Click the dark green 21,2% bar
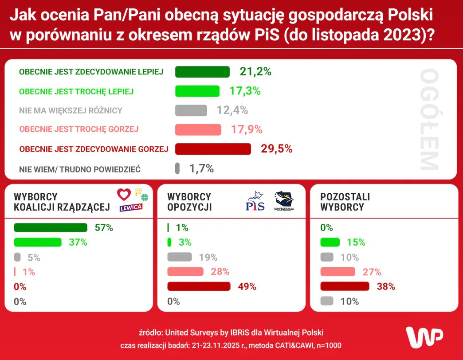click(x=202, y=72)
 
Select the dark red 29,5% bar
click(x=213, y=149)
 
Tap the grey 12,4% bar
click(x=191, y=110)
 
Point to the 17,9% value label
click(x=247, y=129)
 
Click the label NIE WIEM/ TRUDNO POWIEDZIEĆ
click(x=80, y=169)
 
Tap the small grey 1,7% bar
click(x=177, y=168)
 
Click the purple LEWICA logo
click(x=131, y=207)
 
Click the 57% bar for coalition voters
click(x=51, y=228)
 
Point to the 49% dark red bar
click(x=199, y=286)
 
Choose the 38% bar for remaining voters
click(x=345, y=286)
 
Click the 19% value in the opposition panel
click(x=208, y=257)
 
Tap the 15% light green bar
click(x=330, y=243)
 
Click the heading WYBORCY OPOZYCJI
click(x=189, y=202)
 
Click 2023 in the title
click(x=400, y=35)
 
